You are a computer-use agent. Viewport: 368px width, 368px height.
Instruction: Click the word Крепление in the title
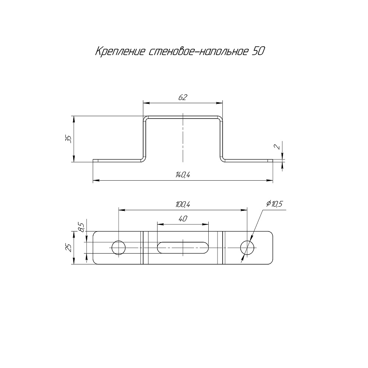pyautogui.click(x=120, y=52)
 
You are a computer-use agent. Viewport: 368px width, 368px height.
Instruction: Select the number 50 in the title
pyautogui.click(x=258, y=52)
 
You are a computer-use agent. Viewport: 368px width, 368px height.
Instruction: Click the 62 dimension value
pyautogui.click(x=183, y=97)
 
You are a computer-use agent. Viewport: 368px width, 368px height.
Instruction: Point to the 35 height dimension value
pyautogui.click(x=69, y=139)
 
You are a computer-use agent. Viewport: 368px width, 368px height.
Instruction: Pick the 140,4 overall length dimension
pyautogui.click(x=183, y=175)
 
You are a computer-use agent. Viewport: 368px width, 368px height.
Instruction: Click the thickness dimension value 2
pyautogui.click(x=277, y=147)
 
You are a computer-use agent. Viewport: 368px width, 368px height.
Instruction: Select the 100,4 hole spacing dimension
pyautogui.click(x=183, y=205)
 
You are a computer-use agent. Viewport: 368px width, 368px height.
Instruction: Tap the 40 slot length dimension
pyautogui.click(x=183, y=219)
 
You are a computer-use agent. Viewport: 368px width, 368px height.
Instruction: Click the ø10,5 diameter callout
pyautogui.click(x=275, y=204)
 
